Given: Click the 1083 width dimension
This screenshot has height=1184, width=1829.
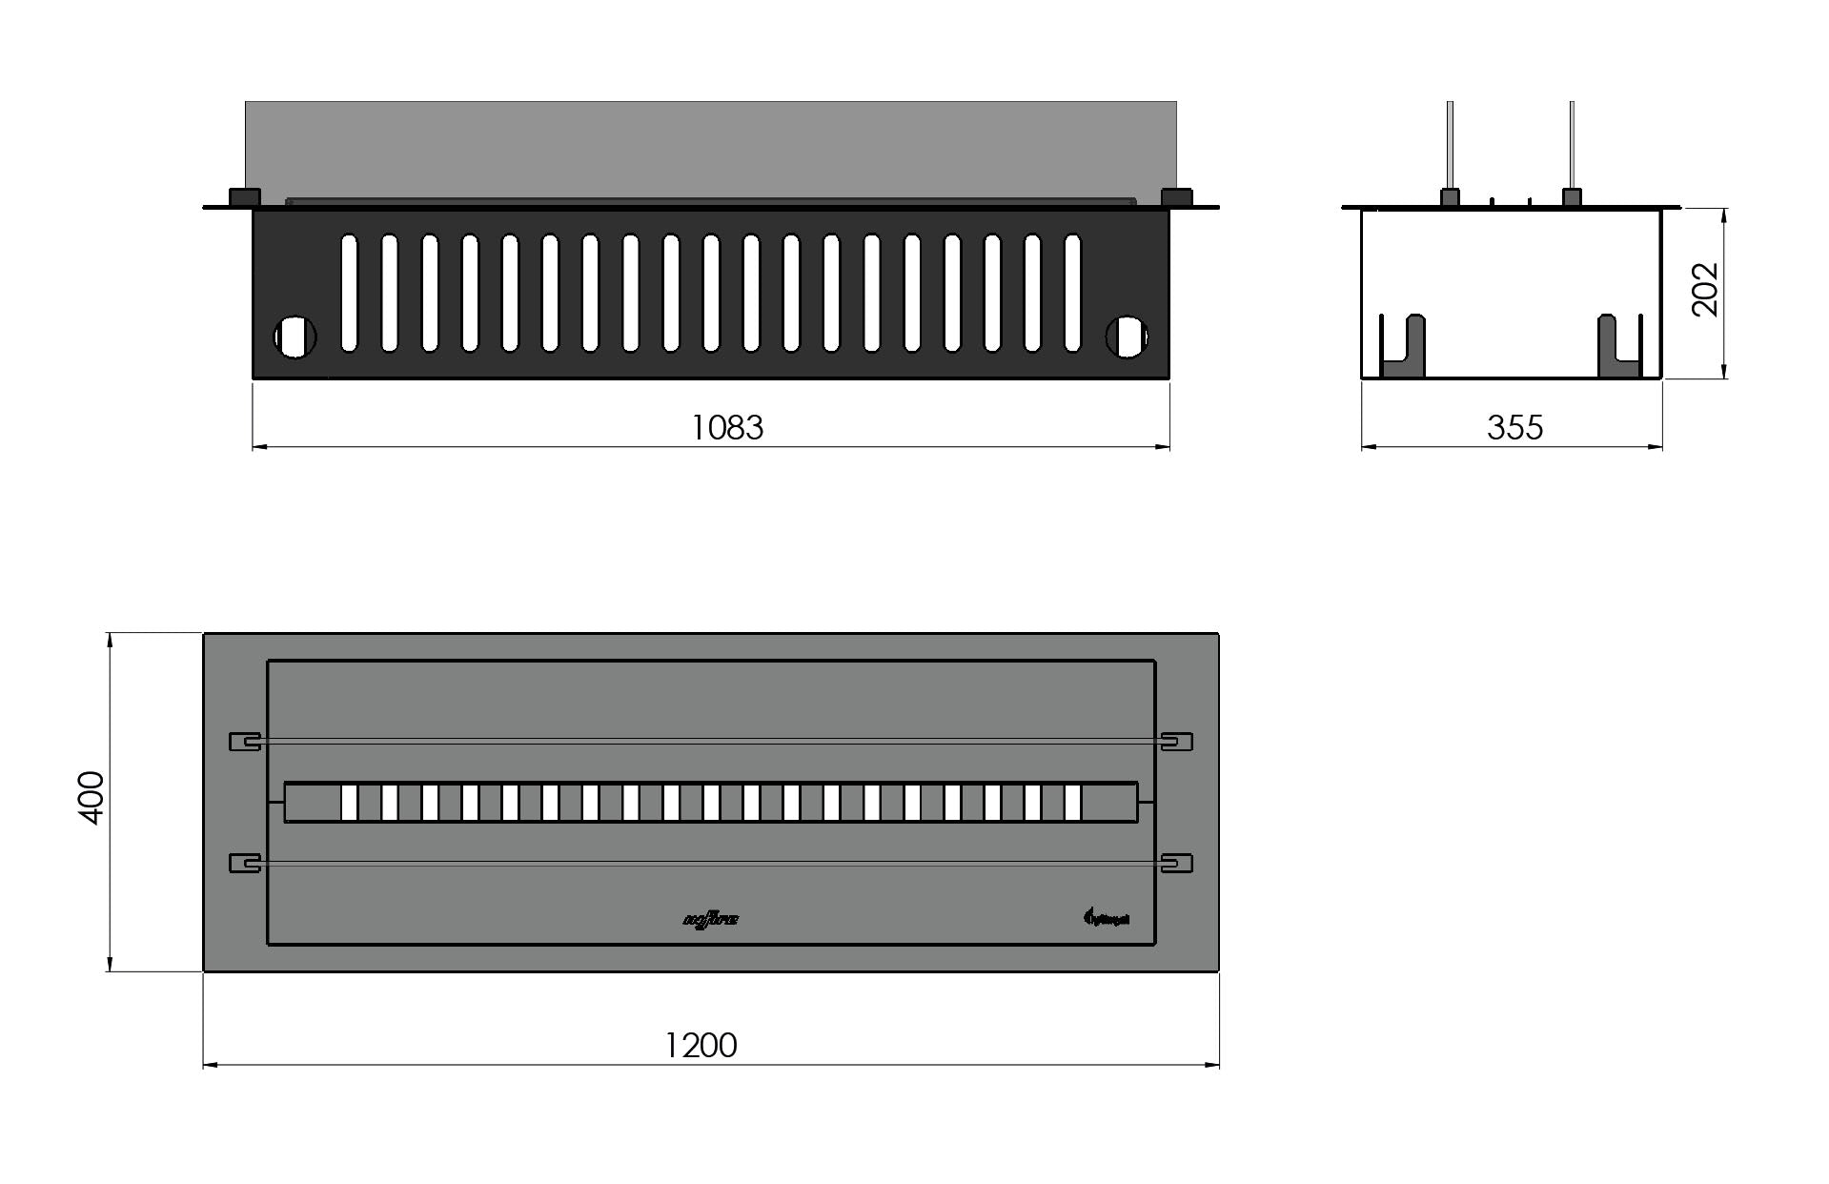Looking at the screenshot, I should (x=726, y=427).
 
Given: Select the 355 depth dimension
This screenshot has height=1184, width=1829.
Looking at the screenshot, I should (x=1514, y=427).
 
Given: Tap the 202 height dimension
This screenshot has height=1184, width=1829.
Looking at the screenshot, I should (x=1704, y=289).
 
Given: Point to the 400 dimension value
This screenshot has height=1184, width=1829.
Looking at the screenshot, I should (x=91, y=798).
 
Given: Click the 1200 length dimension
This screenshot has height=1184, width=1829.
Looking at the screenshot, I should (x=701, y=1046).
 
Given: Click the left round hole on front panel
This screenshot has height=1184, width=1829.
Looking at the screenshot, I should (x=295, y=337).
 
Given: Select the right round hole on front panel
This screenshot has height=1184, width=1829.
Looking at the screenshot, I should (x=1127, y=337).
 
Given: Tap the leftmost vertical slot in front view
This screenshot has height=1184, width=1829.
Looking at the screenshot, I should (x=349, y=293).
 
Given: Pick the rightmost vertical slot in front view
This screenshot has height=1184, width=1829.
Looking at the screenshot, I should (x=1072, y=293).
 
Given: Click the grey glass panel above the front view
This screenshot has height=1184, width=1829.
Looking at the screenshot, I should (x=710, y=148).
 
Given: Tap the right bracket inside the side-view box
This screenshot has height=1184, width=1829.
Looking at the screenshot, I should (x=1617, y=348).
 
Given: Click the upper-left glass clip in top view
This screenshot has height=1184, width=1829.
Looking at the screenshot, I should (x=245, y=742).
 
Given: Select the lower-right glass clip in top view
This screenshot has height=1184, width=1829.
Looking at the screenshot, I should (x=1177, y=863).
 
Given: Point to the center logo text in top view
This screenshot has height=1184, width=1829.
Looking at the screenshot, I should (x=711, y=920).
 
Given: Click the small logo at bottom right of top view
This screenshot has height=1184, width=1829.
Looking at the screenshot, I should (x=1107, y=918).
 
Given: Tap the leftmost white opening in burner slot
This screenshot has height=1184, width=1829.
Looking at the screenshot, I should (x=349, y=803).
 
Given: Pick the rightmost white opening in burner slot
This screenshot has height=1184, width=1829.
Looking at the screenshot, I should (x=1073, y=803).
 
